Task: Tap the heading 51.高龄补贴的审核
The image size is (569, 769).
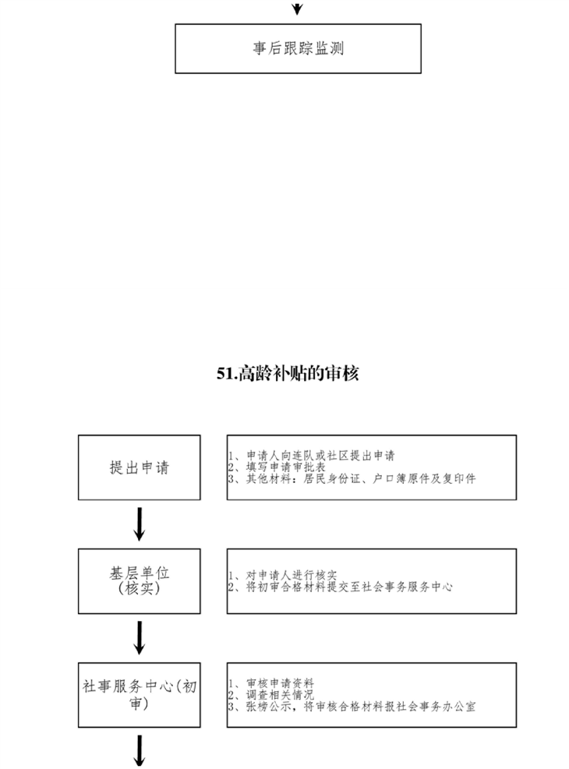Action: (288, 374)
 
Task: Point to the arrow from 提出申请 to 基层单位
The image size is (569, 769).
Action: (140, 524)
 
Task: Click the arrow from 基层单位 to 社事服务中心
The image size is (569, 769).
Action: (140, 638)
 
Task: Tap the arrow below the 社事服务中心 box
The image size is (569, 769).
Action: (140, 751)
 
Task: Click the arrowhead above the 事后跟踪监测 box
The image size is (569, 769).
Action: (297, 9)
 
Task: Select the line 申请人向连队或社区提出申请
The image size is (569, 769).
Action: (312, 456)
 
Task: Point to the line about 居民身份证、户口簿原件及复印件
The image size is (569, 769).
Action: (352, 478)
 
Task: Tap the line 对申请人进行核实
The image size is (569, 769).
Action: (283, 575)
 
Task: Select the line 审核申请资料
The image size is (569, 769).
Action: (271, 683)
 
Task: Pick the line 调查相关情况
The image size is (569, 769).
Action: (271, 695)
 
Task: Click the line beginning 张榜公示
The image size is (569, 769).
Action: (352, 707)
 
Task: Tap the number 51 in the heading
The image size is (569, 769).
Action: (224, 374)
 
